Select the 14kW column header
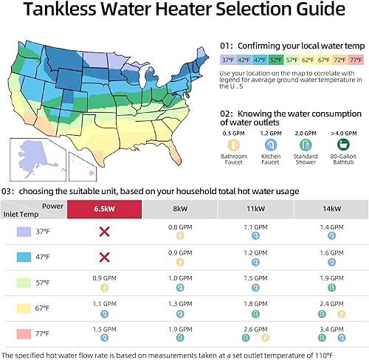pyautogui.click(x=330, y=209)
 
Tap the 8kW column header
pyautogui.click(x=180, y=209)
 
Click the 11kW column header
pyautogui.click(x=255, y=209)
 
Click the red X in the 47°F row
pyautogui.click(x=105, y=257)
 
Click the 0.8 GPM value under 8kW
pyautogui.click(x=179, y=227)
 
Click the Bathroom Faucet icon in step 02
pyautogui.click(x=234, y=145)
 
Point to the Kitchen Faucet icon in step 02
pyautogui.click(x=269, y=145)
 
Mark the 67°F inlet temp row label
pyautogui.click(x=43, y=306)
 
